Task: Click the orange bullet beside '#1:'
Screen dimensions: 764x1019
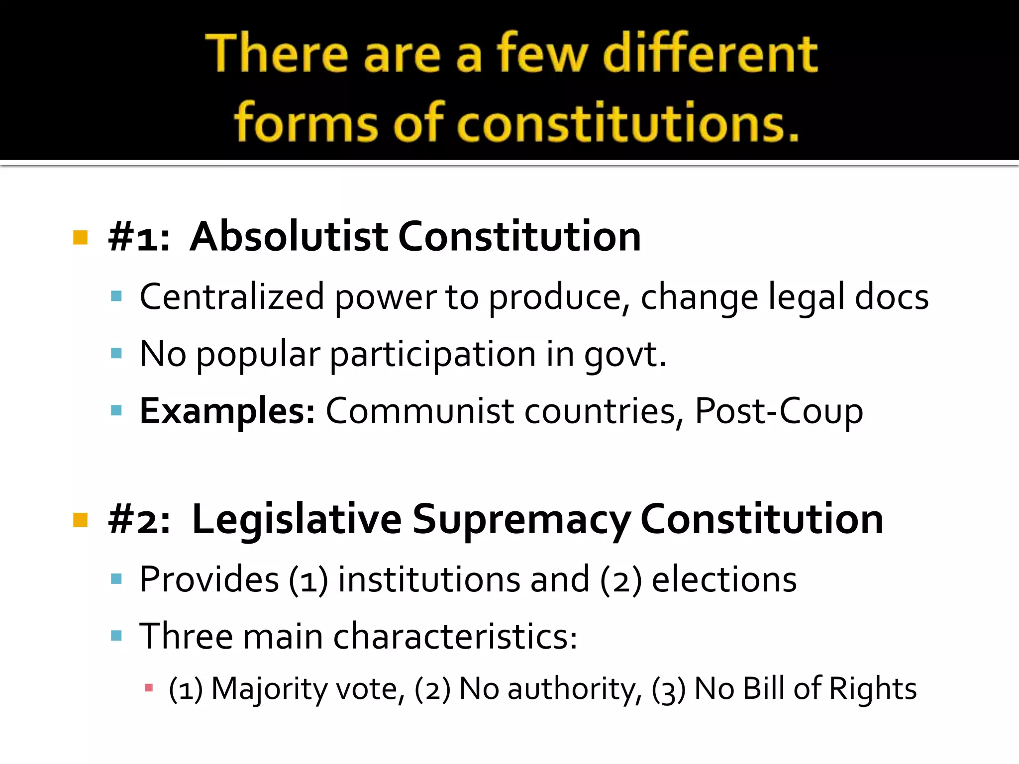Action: coord(80,237)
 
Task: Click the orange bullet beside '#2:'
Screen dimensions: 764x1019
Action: coord(80,520)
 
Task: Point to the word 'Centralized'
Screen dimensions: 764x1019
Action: coord(232,296)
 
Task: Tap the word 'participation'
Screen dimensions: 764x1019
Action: coord(432,354)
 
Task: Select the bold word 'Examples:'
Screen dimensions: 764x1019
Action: coord(227,411)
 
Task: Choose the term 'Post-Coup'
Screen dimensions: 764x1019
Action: coord(779,411)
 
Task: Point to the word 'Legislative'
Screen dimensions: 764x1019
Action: coord(297,519)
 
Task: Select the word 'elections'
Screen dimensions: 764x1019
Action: coord(724,579)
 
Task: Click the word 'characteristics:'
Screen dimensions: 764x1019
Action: coord(455,636)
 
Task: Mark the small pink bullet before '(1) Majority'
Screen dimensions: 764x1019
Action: coord(148,688)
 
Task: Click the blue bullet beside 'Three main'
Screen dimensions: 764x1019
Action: coord(116,636)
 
